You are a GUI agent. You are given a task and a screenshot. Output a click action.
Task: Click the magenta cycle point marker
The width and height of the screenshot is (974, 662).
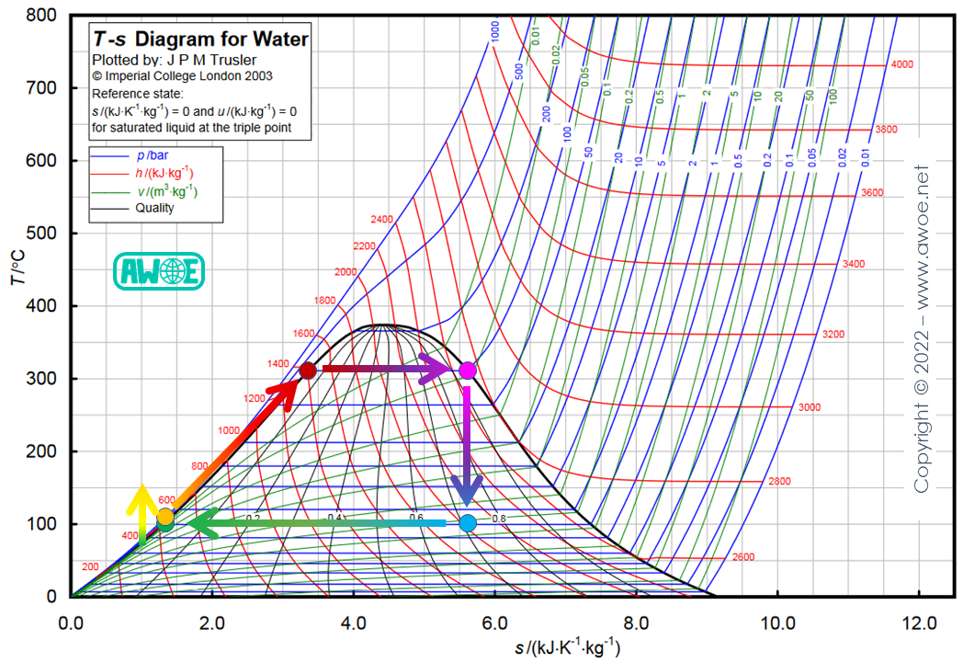(468, 371)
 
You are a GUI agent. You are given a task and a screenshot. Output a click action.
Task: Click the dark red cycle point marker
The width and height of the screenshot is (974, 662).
(308, 371)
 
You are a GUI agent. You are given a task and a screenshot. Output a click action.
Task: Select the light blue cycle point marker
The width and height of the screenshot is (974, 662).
(468, 523)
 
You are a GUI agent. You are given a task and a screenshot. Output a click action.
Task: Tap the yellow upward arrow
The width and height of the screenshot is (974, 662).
(142, 511)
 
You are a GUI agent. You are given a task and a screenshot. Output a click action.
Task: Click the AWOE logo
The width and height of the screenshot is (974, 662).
(158, 271)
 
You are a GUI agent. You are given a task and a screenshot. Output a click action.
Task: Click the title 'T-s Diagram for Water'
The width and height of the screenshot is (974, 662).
(200, 40)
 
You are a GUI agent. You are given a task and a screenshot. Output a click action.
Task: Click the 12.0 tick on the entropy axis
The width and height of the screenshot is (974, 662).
(920, 622)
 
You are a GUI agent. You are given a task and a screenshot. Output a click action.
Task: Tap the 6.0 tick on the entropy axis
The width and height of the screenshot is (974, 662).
(495, 622)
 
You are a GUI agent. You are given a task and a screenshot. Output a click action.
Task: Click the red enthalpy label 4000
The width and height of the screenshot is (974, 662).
(902, 65)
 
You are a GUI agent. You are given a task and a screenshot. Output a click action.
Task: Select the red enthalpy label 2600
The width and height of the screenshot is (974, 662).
(743, 557)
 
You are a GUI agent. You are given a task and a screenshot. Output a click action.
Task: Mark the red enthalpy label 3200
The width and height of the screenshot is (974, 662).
(832, 334)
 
